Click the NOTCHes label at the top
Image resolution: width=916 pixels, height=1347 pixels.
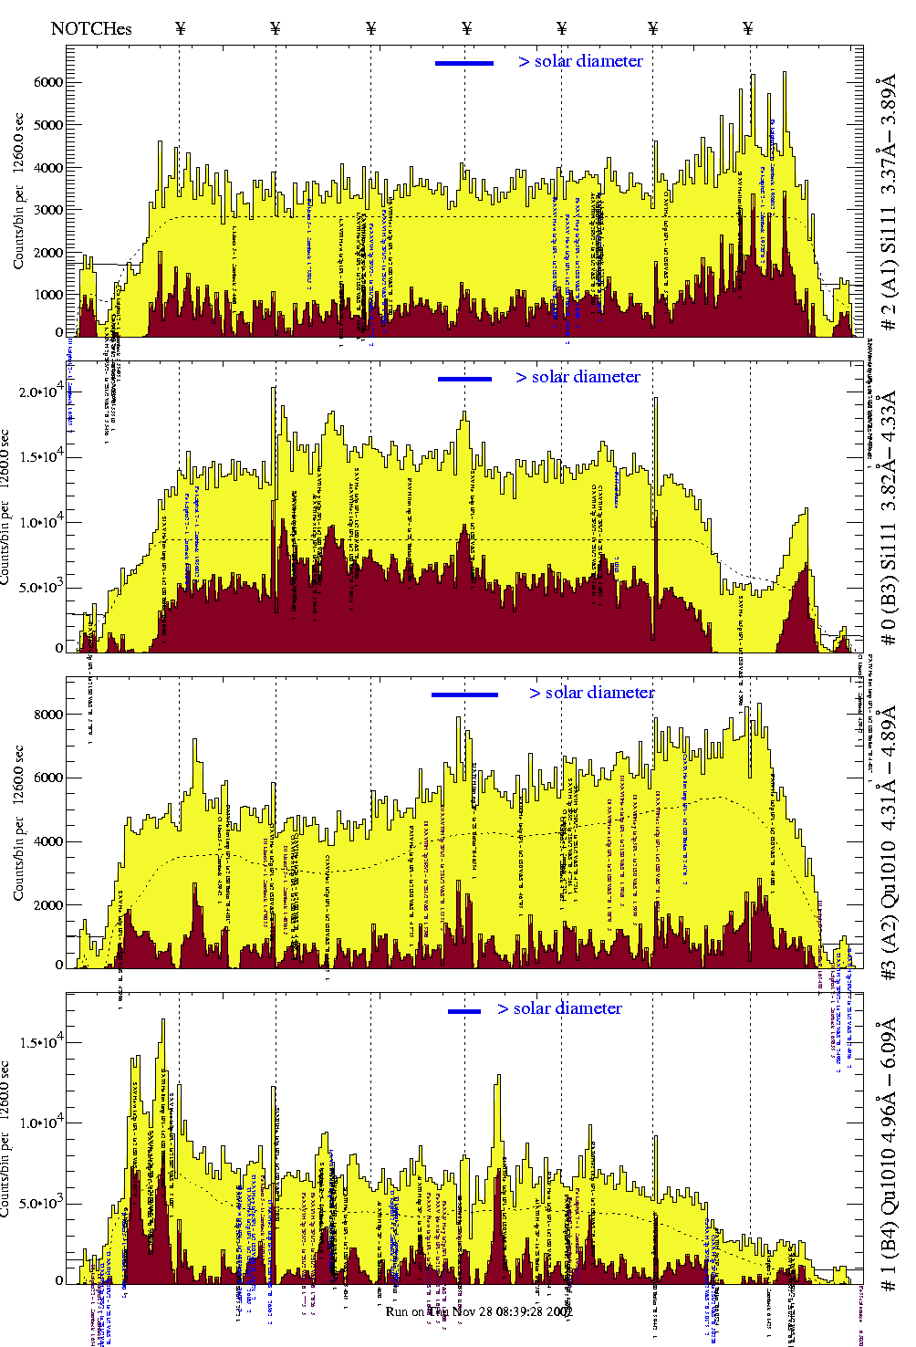[91, 28]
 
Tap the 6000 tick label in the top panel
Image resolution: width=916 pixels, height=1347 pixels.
[47, 82]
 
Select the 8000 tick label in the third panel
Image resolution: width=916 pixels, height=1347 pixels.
[47, 715]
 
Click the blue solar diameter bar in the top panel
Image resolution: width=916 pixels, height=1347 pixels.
[464, 63]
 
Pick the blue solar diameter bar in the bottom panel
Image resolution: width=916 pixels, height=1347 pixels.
[464, 1011]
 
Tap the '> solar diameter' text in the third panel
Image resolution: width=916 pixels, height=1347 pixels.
[591, 693]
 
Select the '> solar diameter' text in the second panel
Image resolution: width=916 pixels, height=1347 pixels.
[578, 377]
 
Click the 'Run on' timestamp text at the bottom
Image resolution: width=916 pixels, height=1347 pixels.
[479, 1311]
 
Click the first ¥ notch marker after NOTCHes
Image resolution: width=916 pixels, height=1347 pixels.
[180, 28]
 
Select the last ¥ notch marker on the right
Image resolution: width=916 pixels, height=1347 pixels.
[748, 28]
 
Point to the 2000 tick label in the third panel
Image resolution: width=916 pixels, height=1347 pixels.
[47, 905]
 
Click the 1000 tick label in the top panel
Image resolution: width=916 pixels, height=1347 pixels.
[47, 295]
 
